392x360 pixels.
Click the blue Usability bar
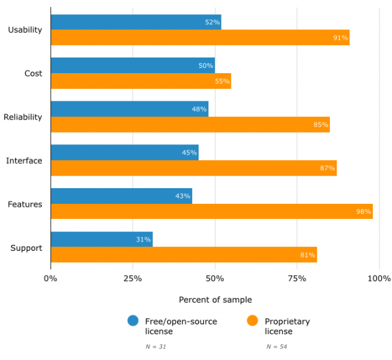(x=136, y=22)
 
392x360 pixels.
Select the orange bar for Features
(x=212, y=212)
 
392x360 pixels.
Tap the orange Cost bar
(x=141, y=81)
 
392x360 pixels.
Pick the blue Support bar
(x=101, y=240)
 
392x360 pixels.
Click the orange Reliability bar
(x=190, y=125)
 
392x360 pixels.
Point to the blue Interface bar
(x=125, y=153)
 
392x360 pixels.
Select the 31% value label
(x=144, y=240)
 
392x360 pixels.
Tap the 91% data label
(x=340, y=38)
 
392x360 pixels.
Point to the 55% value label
(x=222, y=81)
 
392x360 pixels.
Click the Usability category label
(x=25, y=30)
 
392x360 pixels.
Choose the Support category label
(x=27, y=248)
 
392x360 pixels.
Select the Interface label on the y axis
(x=24, y=161)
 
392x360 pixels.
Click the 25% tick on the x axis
(x=133, y=279)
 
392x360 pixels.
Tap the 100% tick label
(x=379, y=279)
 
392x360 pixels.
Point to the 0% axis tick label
(x=50, y=279)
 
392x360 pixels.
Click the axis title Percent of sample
(x=215, y=300)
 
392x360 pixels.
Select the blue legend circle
(x=133, y=321)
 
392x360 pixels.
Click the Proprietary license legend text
(x=287, y=326)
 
